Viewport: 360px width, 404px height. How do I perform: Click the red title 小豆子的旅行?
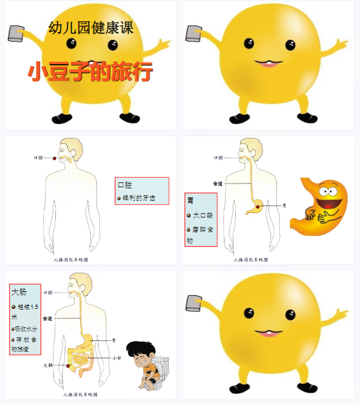coord(90,72)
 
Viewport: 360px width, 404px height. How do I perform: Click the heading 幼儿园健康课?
coord(90,28)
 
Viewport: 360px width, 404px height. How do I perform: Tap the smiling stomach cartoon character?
coord(321,206)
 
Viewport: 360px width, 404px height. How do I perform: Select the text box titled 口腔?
coord(142,191)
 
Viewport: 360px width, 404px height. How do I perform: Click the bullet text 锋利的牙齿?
coord(138,198)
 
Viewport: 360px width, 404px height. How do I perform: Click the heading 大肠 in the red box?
coord(18,292)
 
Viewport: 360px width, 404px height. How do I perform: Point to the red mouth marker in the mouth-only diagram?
coord(55,159)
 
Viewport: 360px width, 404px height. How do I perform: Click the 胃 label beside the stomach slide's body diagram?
coord(285,205)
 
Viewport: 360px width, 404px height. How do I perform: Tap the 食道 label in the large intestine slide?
coord(48,318)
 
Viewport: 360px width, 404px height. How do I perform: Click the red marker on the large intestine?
coord(68,366)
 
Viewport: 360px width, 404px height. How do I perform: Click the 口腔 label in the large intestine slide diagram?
coord(49,292)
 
